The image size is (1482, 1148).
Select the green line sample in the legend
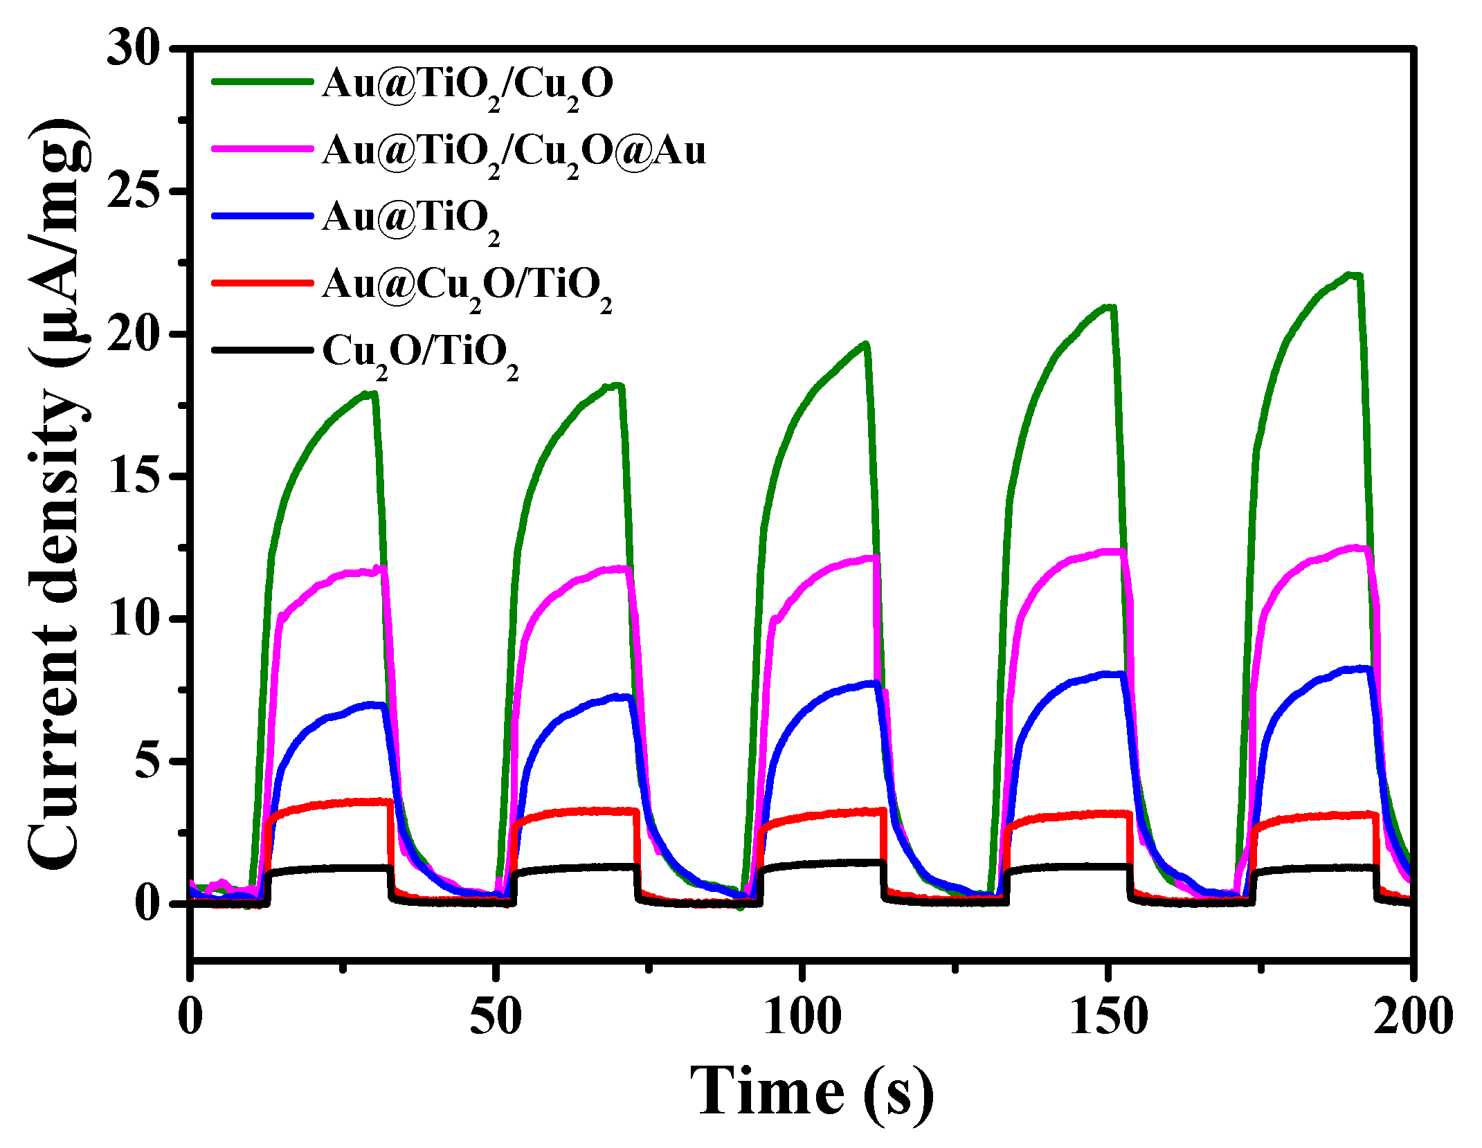(x=262, y=82)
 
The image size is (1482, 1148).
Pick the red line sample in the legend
(x=262, y=283)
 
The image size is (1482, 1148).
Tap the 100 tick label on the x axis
(x=802, y=1017)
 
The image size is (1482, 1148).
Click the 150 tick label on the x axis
(x=1108, y=1017)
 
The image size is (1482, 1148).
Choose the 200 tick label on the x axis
(x=1412, y=1017)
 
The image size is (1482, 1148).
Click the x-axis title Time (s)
(x=811, y=1092)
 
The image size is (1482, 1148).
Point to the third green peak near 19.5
(x=864, y=344)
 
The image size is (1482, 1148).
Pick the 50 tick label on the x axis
(x=496, y=1017)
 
